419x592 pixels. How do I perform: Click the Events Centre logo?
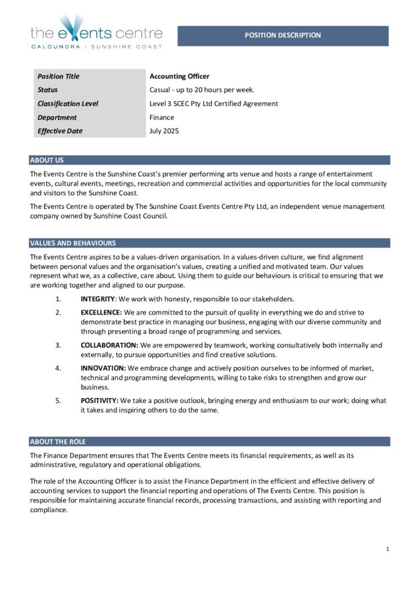[96, 32]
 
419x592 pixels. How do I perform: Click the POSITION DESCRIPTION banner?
[282, 35]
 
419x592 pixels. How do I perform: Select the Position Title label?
[58, 76]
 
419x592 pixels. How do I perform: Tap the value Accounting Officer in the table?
[179, 76]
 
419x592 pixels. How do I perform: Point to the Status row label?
[47, 90]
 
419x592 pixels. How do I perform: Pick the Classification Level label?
[68, 104]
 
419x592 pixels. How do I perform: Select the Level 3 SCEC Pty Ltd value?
[214, 104]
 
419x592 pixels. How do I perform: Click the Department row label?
[57, 117]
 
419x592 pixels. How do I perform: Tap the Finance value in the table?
[161, 117]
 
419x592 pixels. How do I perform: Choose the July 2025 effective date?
[164, 131]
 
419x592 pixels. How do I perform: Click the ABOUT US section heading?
[47, 160]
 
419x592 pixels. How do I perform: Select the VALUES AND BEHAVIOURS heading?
[73, 243]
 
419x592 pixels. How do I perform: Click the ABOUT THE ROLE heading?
[58, 442]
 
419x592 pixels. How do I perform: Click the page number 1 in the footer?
[387, 549]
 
